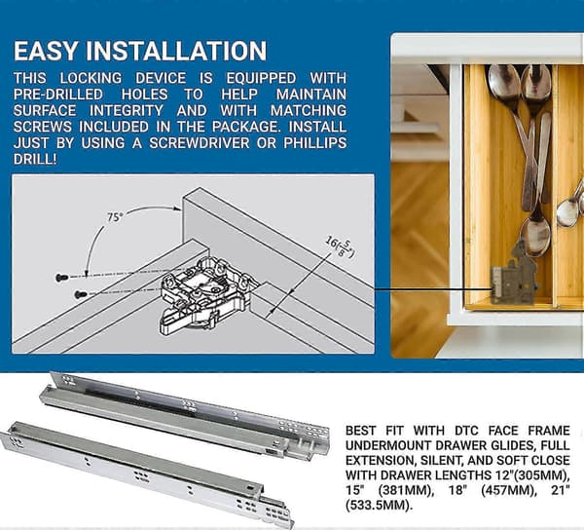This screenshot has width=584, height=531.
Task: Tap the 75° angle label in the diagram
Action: pyautogui.click(x=115, y=217)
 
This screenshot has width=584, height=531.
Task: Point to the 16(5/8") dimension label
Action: pyautogui.click(x=341, y=247)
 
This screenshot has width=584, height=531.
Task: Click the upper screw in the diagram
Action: pyautogui.click(x=62, y=277)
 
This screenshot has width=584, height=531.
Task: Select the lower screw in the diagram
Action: pyautogui.click(x=81, y=294)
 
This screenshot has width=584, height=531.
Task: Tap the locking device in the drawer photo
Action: pyautogui.click(x=514, y=276)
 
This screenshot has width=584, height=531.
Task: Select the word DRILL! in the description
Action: pyautogui.click(x=35, y=159)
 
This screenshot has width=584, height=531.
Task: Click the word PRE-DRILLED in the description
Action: pyautogui.click(x=58, y=95)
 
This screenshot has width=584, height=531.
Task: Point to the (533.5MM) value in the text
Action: pyautogui.click(x=380, y=506)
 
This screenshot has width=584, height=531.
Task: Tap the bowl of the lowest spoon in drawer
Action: pyautogui.click(x=535, y=236)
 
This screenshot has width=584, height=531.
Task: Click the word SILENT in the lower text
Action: pyautogui.click(x=440, y=461)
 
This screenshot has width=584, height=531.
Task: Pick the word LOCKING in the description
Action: pyautogui.click(x=91, y=78)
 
